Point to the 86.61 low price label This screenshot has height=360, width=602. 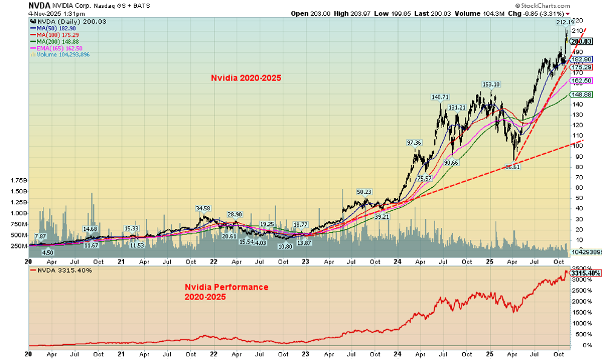(x=512, y=167)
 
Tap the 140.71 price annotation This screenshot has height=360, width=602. (x=440, y=97)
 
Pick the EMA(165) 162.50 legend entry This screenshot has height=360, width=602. (x=58, y=48)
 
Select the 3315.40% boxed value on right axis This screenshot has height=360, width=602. (x=584, y=273)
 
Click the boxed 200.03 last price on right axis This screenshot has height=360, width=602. (x=580, y=41)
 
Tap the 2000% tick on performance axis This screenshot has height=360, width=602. (x=581, y=301)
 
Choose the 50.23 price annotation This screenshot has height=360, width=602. (x=363, y=192)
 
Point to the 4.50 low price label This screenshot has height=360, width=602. (x=47, y=252)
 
